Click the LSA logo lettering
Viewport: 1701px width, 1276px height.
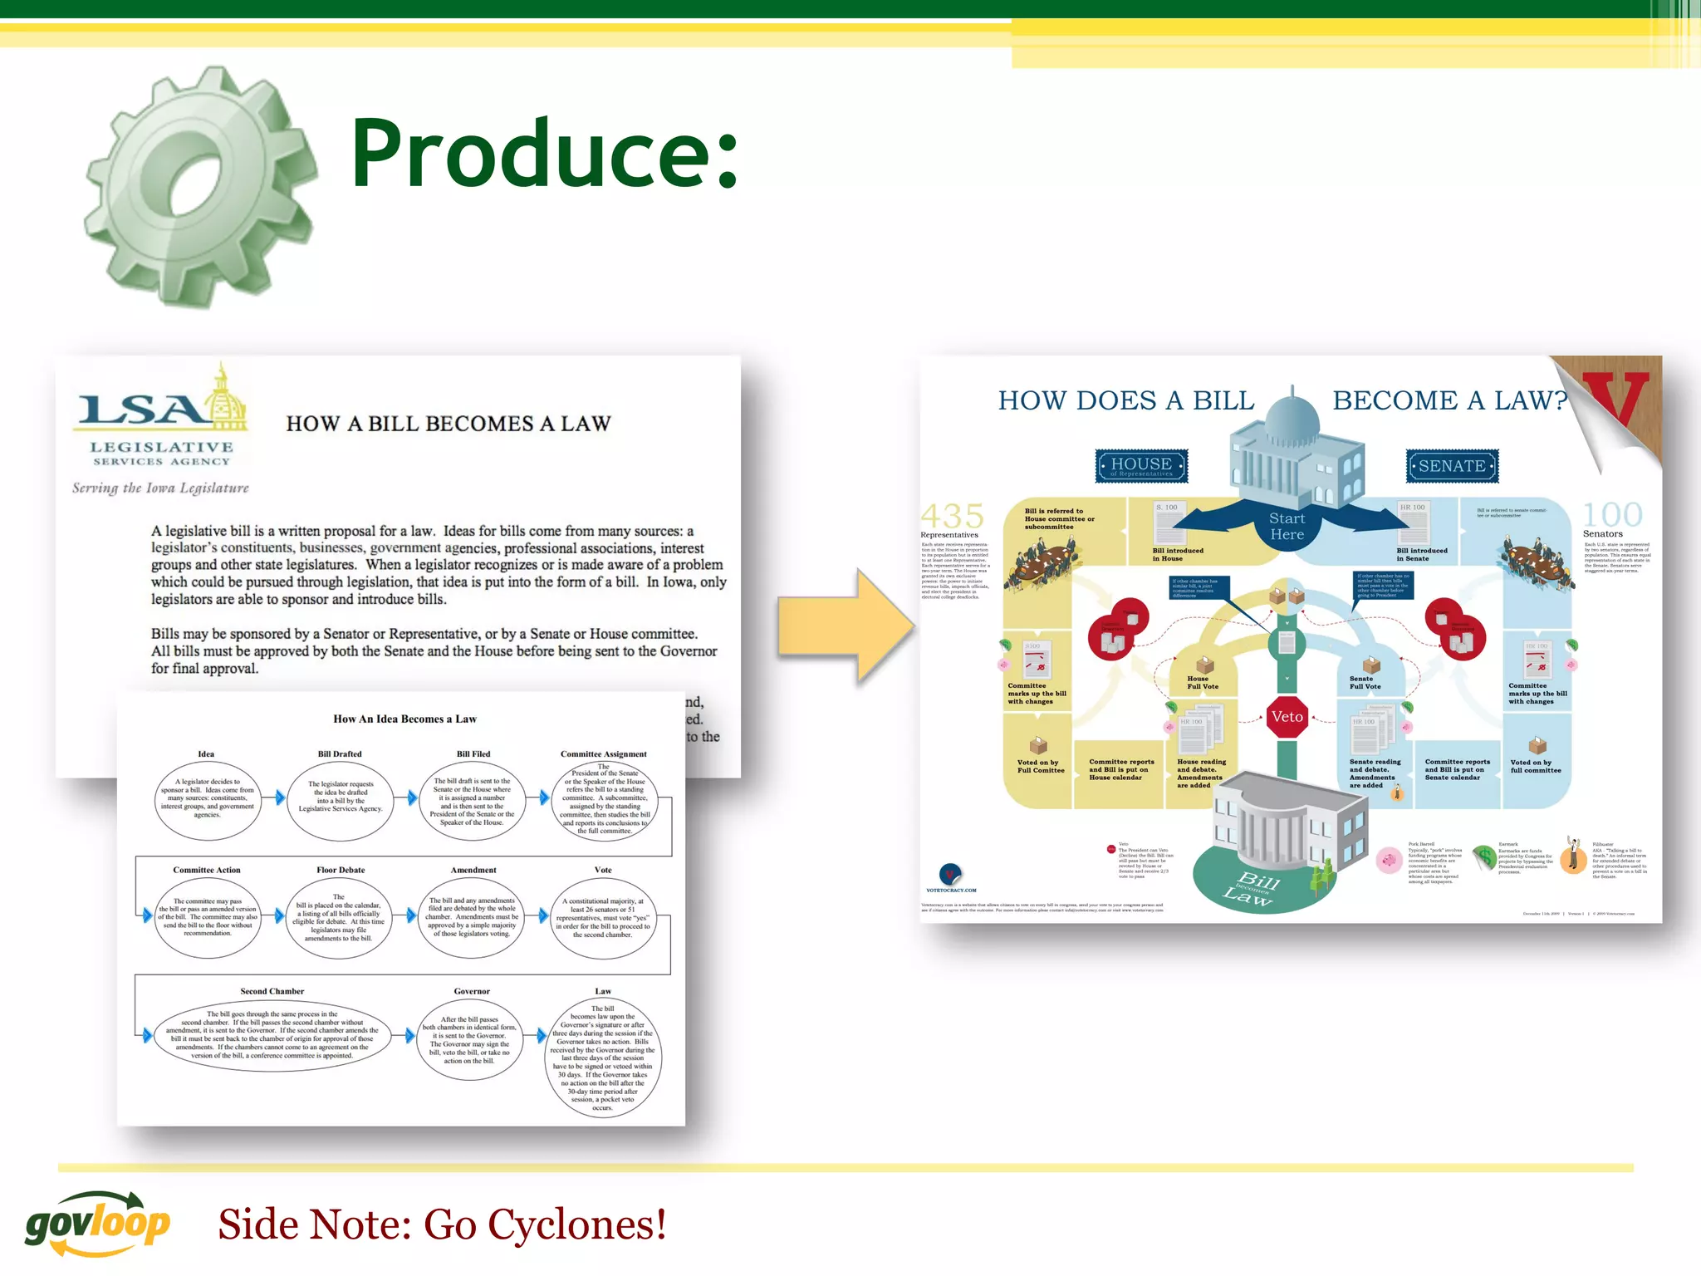coord(141,409)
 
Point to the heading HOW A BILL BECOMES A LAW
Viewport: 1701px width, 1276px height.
coord(449,424)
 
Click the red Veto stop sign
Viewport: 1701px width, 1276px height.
coord(1287,717)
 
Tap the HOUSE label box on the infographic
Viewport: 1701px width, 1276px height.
coord(1142,465)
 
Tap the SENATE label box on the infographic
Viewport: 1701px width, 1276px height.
coord(1452,466)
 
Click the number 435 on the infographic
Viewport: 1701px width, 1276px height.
coord(953,516)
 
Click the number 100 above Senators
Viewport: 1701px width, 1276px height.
coord(1612,515)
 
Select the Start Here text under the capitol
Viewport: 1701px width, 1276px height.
coord(1287,527)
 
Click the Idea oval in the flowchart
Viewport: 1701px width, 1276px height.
coord(208,799)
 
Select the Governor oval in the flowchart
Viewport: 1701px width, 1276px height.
coord(471,1039)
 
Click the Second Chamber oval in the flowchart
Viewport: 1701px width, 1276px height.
coord(272,1035)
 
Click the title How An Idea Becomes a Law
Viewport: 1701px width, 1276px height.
coord(404,719)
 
